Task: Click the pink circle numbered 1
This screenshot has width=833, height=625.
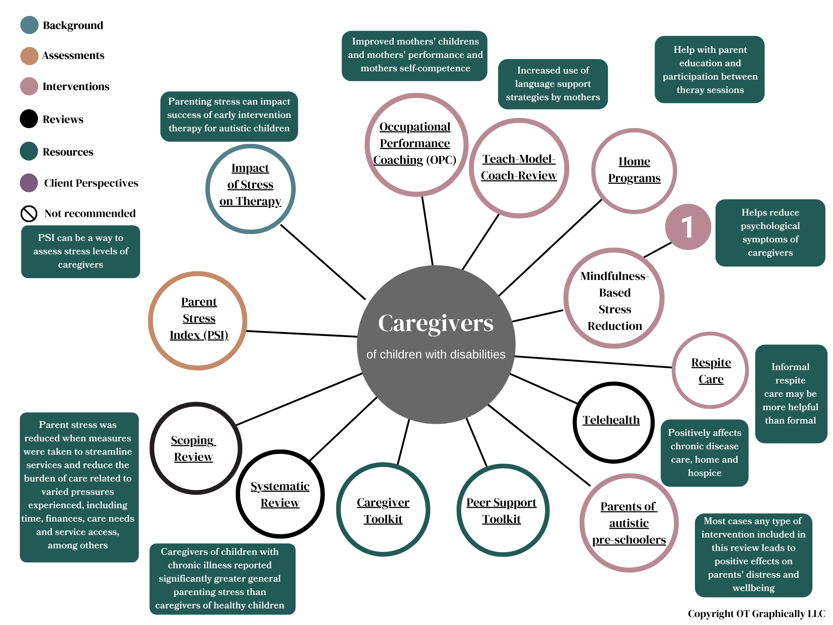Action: tap(688, 227)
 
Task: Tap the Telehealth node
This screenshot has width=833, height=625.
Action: tap(613, 422)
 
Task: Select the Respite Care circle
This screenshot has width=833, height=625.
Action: tap(710, 370)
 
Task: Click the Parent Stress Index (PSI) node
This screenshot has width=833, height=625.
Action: tap(198, 320)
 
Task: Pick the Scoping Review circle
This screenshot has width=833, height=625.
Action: tap(196, 448)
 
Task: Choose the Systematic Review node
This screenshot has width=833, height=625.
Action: tap(280, 494)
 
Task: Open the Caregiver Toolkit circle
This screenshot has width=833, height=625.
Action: tap(383, 510)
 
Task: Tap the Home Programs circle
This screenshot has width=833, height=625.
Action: tap(634, 171)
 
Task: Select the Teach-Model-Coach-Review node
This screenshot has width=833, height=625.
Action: tap(518, 168)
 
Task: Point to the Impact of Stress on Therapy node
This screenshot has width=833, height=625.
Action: tap(251, 188)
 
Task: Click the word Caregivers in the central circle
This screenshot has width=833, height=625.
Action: tap(435, 323)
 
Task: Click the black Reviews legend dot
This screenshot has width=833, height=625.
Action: tap(29, 119)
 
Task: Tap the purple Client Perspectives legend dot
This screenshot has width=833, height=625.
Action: tap(29, 183)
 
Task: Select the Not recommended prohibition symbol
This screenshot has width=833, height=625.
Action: tap(29, 214)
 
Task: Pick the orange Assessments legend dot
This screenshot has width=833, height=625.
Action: tap(29, 56)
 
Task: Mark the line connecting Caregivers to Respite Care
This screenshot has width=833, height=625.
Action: tap(593, 362)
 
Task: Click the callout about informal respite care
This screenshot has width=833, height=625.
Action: tap(790, 393)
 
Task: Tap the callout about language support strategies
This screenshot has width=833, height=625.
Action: tap(552, 84)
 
